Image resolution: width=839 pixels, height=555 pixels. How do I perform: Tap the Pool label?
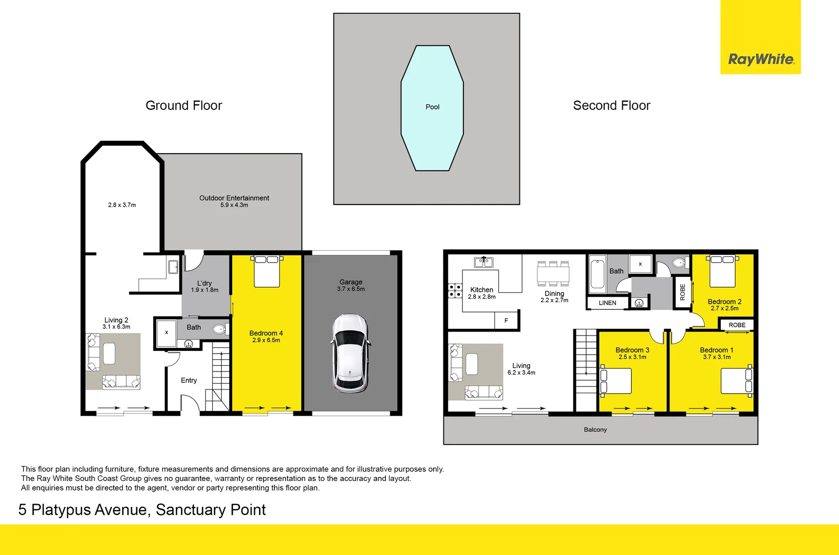pyautogui.click(x=432, y=107)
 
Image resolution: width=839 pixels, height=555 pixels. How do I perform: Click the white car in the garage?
pyautogui.click(x=350, y=354)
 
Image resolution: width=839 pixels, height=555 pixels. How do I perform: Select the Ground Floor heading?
pyautogui.click(x=183, y=105)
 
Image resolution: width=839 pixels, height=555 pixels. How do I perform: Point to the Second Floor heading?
pyautogui.click(x=611, y=105)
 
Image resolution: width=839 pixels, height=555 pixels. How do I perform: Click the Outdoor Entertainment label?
pyautogui.click(x=234, y=198)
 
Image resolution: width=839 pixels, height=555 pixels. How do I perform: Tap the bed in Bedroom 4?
pyautogui.click(x=267, y=271)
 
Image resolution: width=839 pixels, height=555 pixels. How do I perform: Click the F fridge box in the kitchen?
pyautogui.click(x=506, y=321)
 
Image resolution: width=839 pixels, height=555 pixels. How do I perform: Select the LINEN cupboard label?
pyautogui.click(x=607, y=303)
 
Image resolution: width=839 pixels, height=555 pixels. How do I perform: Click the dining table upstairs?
pyautogui.click(x=553, y=273)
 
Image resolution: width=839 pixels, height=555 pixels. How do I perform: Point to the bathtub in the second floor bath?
pyautogui.click(x=598, y=274)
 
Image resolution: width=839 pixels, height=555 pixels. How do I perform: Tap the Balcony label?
pyautogui.click(x=595, y=430)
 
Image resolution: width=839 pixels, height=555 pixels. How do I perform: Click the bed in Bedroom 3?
pyautogui.click(x=616, y=381)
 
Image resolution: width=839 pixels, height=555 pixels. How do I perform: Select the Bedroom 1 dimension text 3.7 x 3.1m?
pyautogui.click(x=717, y=357)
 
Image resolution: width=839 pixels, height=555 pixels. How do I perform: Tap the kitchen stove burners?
pyautogui.click(x=455, y=291)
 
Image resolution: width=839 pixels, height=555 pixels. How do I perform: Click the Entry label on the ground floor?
pyautogui.click(x=189, y=380)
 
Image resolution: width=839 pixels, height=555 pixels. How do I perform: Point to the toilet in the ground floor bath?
pyautogui.click(x=220, y=329)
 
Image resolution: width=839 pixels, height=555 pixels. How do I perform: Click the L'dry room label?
pyautogui.click(x=204, y=283)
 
